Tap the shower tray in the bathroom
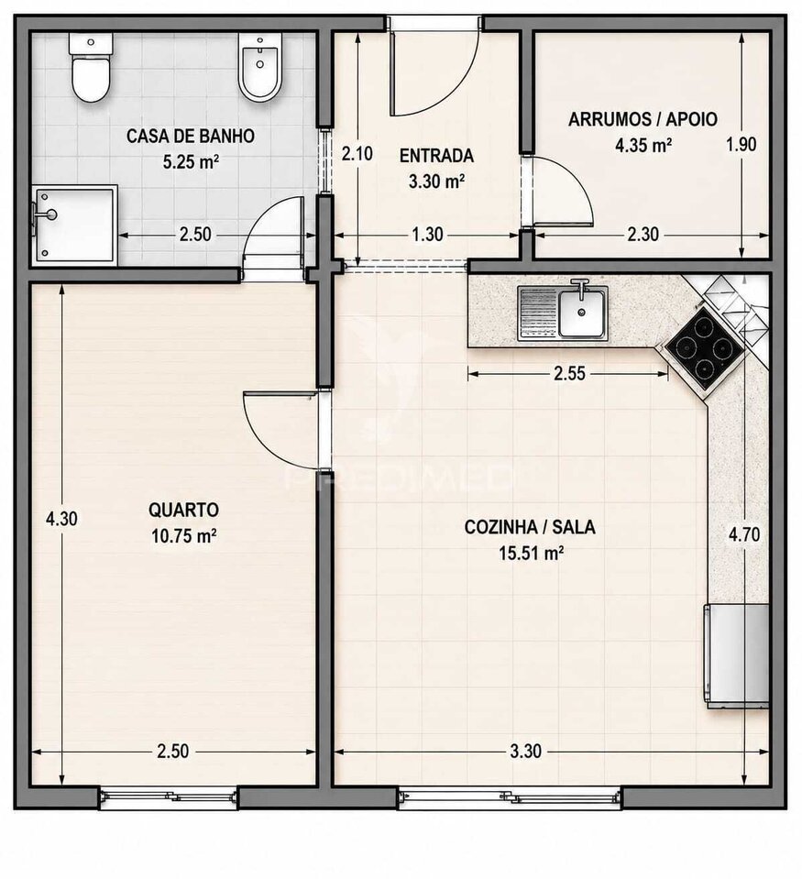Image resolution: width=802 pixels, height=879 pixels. tap(74, 225)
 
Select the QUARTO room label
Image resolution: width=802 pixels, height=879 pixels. tap(184, 511)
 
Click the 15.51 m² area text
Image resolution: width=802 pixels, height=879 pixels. tap(532, 554)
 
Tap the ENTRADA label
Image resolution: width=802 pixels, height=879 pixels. tap(436, 155)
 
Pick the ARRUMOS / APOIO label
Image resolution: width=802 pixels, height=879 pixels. tap(643, 119)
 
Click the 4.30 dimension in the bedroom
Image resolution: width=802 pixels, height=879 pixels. tap(61, 519)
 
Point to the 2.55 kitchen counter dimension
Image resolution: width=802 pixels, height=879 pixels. tap(569, 373)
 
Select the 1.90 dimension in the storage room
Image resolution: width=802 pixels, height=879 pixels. tap(741, 145)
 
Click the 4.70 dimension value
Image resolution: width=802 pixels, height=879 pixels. tap(743, 534)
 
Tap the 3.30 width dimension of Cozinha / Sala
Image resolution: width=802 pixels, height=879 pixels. tap(526, 752)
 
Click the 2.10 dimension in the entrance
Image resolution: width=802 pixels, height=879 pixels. tap(357, 153)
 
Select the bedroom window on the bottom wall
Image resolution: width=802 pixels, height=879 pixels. tap(169, 797)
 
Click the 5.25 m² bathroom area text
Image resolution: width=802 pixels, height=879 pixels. tap(191, 162)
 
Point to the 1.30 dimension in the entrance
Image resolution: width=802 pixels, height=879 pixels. tap(428, 235)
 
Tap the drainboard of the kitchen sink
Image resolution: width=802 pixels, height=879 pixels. tap(538, 313)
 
